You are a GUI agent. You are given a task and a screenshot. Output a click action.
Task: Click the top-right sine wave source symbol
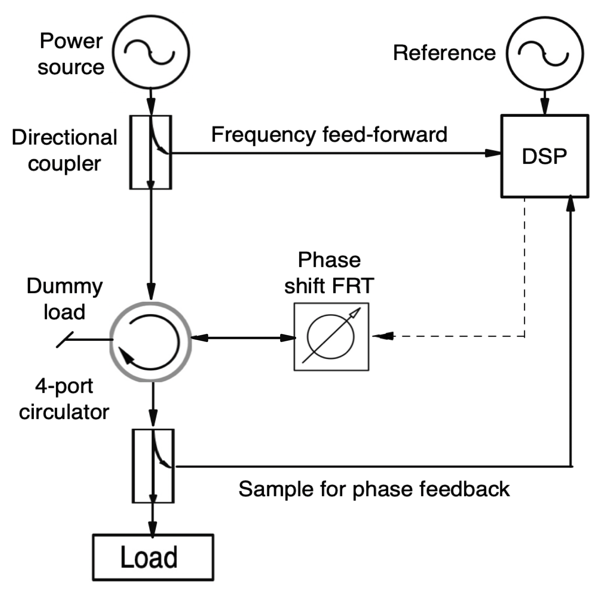(x=545, y=53)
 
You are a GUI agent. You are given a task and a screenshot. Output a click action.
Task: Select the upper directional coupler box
(x=151, y=152)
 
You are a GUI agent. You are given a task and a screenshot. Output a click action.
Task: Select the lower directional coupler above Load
(x=153, y=466)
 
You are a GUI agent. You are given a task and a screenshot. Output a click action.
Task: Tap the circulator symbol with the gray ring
(x=151, y=341)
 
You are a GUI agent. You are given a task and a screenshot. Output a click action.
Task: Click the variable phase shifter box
(x=331, y=336)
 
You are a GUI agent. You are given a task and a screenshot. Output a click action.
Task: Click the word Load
(x=149, y=557)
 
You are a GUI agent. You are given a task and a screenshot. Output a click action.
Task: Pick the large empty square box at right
(x=545, y=156)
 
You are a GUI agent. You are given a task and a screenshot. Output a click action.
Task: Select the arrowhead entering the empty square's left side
(x=492, y=153)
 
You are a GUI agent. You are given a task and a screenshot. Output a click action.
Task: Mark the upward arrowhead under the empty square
(x=570, y=203)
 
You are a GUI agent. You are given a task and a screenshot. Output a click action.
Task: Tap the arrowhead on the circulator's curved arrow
(x=126, y=357)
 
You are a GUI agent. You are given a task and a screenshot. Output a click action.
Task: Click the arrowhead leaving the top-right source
(x=545, y=108)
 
